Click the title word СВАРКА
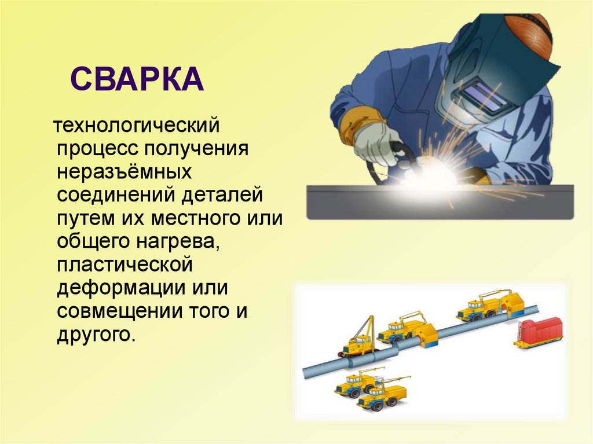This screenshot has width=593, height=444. point(137,79)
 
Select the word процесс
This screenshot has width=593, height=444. point(97,149)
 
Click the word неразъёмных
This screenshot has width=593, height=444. point(124,171)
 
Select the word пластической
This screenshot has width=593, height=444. point(125,265)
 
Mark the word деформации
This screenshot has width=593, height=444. point(121,289)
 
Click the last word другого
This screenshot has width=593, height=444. point(96,335)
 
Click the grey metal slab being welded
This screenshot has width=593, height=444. point(440,203)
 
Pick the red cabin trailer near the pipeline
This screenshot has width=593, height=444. point(539,332)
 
